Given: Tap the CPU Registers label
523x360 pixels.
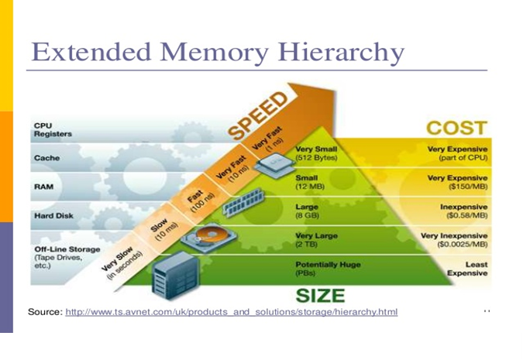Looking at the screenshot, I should [x=52, y=129].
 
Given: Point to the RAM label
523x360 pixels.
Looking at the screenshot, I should [x=43, y=187].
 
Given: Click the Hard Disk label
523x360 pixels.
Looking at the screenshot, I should [x=53, y=215].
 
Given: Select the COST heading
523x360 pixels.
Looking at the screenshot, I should [x=456, y=128].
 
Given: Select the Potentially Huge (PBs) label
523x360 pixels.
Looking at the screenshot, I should [x=328, y=269].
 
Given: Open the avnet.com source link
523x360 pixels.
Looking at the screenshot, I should [x=231, y=312].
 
